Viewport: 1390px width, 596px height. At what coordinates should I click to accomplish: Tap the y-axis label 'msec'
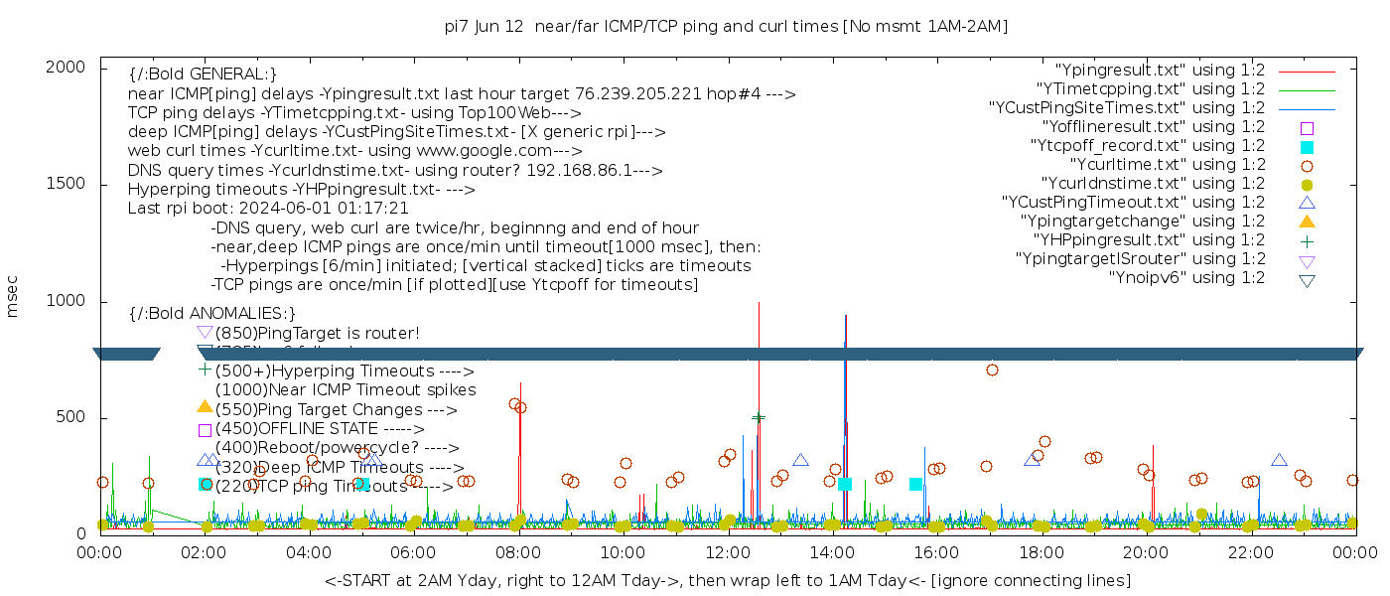(13, 301)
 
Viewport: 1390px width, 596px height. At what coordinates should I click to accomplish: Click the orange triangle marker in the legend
(1308, 222)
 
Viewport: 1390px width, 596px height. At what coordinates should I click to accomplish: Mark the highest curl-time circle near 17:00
(992, 371)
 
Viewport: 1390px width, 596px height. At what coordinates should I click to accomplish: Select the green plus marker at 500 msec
(759, 418)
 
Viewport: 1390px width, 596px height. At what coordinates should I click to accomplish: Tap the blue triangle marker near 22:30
(1279, 460)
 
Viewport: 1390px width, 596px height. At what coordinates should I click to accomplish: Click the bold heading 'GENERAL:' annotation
(203, 74)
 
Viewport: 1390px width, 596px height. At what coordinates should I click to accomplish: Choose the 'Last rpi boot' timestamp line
(268, 209)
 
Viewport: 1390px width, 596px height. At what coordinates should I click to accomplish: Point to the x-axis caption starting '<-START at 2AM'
(727, 580)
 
